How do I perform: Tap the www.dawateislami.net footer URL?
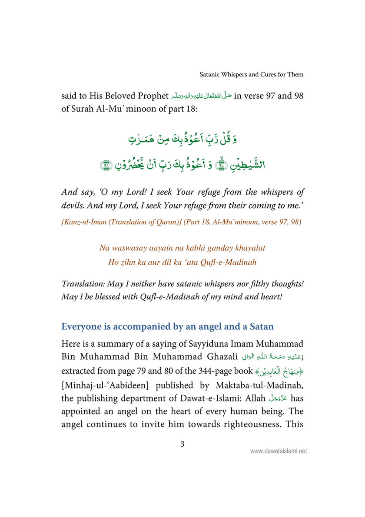pos(279,451)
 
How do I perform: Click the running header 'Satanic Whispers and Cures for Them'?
pos(252,74)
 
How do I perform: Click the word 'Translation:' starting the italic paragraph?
pos(83,284)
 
